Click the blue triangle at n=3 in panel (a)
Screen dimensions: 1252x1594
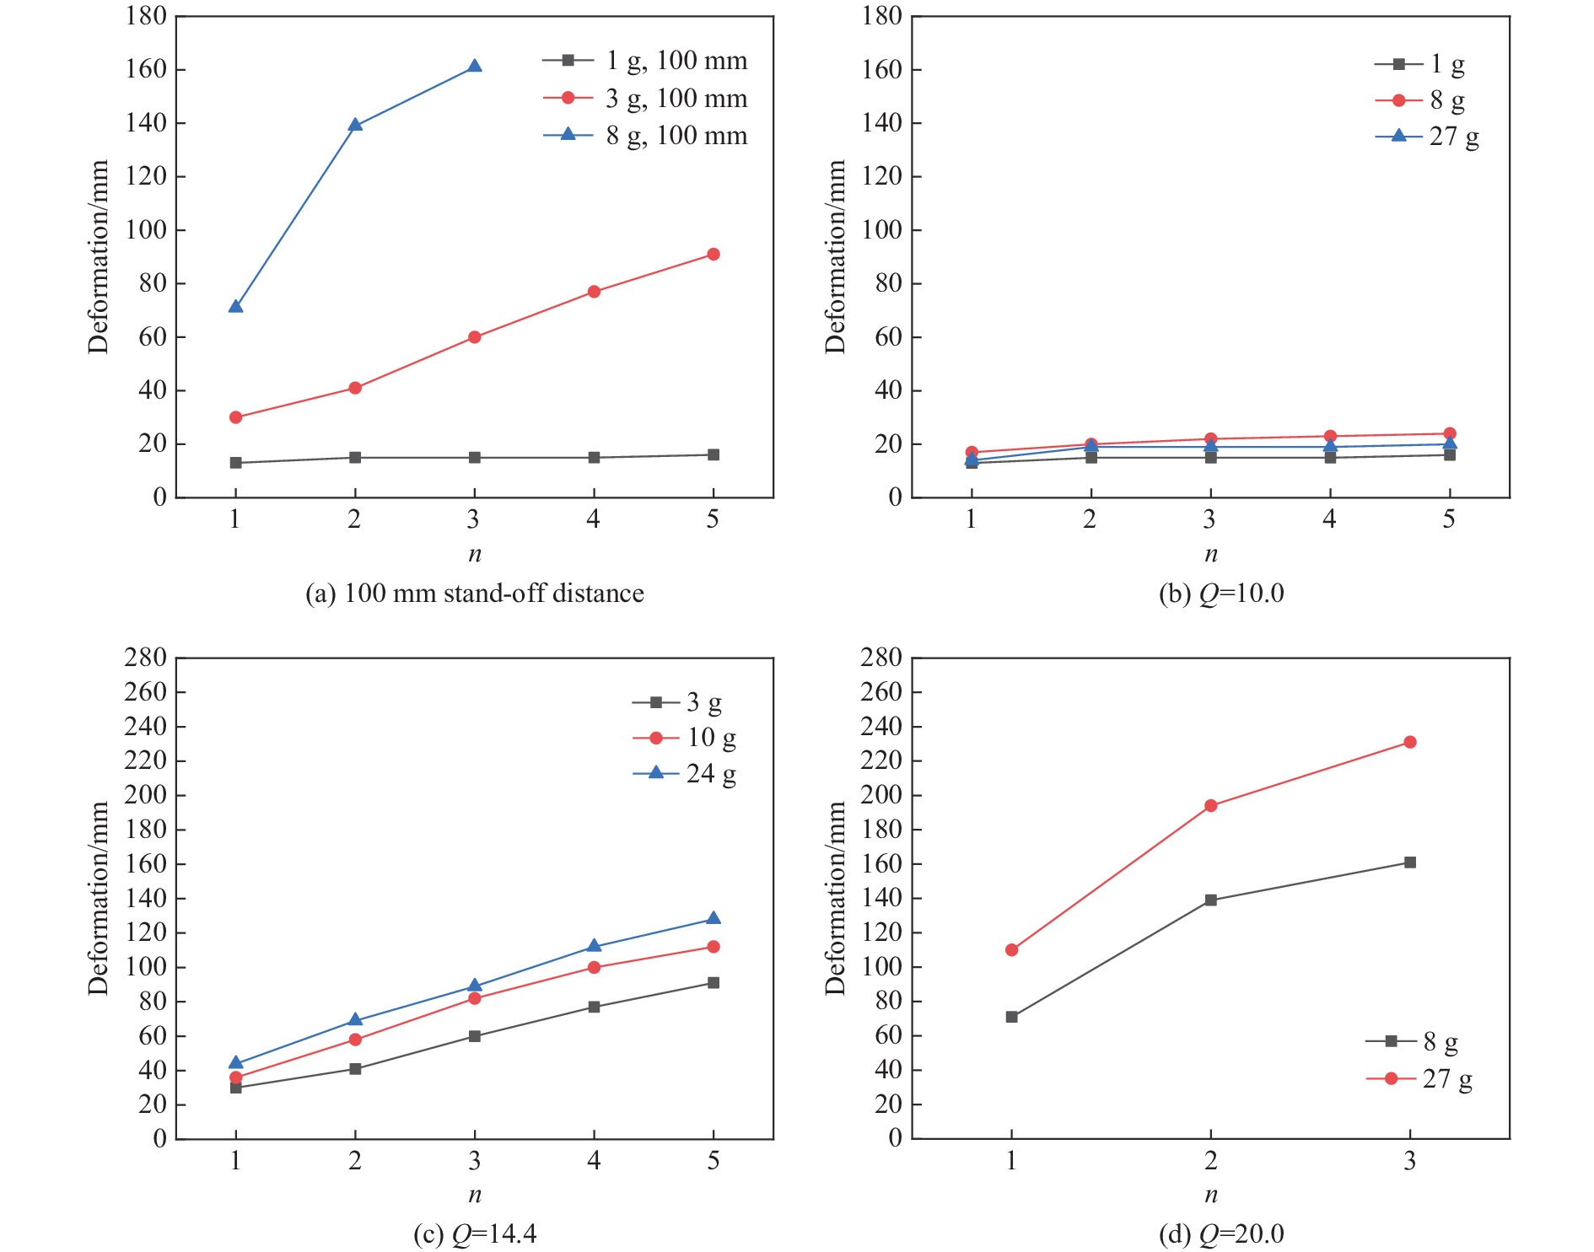(x=474, y=67)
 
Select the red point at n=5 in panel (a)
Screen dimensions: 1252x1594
(x=714, y=255)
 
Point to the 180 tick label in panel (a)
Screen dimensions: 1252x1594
(x=146, y=16)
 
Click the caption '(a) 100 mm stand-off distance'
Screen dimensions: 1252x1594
(x=474, y=594)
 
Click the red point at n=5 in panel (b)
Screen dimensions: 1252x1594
(x=1450, y=433)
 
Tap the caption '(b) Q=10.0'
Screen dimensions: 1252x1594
(x=1221, y=594)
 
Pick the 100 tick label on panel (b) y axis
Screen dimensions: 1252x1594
(x=881, y=230)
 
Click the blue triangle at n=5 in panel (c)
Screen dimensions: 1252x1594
(x=714, y=919)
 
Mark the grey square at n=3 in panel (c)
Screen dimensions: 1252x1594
(x=475, y=1036)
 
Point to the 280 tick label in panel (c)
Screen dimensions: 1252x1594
(x=145, y=658)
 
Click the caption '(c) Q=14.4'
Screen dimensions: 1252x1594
(x=475, y=1234)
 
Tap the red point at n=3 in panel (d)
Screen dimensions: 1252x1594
(x=1410, y=742)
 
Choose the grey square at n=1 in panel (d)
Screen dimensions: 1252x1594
(x=1012, y=1017)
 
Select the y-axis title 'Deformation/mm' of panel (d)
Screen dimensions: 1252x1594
(x=835, y=899)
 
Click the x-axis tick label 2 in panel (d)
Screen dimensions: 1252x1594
(x=1210, y=1162)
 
